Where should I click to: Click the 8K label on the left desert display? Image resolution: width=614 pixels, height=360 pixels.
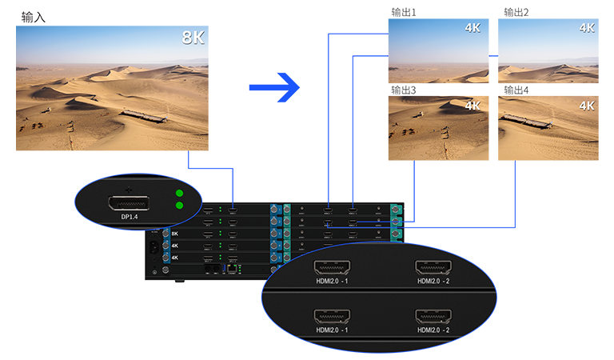tap(193, 37)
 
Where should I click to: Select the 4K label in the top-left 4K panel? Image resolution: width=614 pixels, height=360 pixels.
tap(472, 27)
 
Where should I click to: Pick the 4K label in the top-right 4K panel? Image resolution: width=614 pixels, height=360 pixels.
tap(587, 27)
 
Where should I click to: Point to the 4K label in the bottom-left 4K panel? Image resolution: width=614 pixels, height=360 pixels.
tap(472, 105)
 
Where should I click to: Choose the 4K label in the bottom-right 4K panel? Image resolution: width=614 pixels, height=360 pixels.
tap(587, 105)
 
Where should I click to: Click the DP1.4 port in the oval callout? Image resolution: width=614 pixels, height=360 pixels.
tap(128, 200)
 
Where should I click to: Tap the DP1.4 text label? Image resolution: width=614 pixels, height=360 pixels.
tap(128, 216)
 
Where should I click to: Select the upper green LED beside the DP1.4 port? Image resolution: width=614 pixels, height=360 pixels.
tap(180, 194)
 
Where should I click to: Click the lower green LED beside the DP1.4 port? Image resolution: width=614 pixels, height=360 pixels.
tap(180, 206)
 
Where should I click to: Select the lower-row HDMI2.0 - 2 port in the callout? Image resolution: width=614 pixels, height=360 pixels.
tap(433, 316)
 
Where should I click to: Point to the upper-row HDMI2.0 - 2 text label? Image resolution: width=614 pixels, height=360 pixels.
tap(433, 282)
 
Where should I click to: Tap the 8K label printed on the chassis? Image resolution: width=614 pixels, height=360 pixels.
tap(175, 234)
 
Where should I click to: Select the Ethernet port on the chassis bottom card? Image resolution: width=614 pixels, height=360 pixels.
tap(231, 269)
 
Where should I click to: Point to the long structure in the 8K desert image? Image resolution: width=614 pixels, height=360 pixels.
tap(144, 117)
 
